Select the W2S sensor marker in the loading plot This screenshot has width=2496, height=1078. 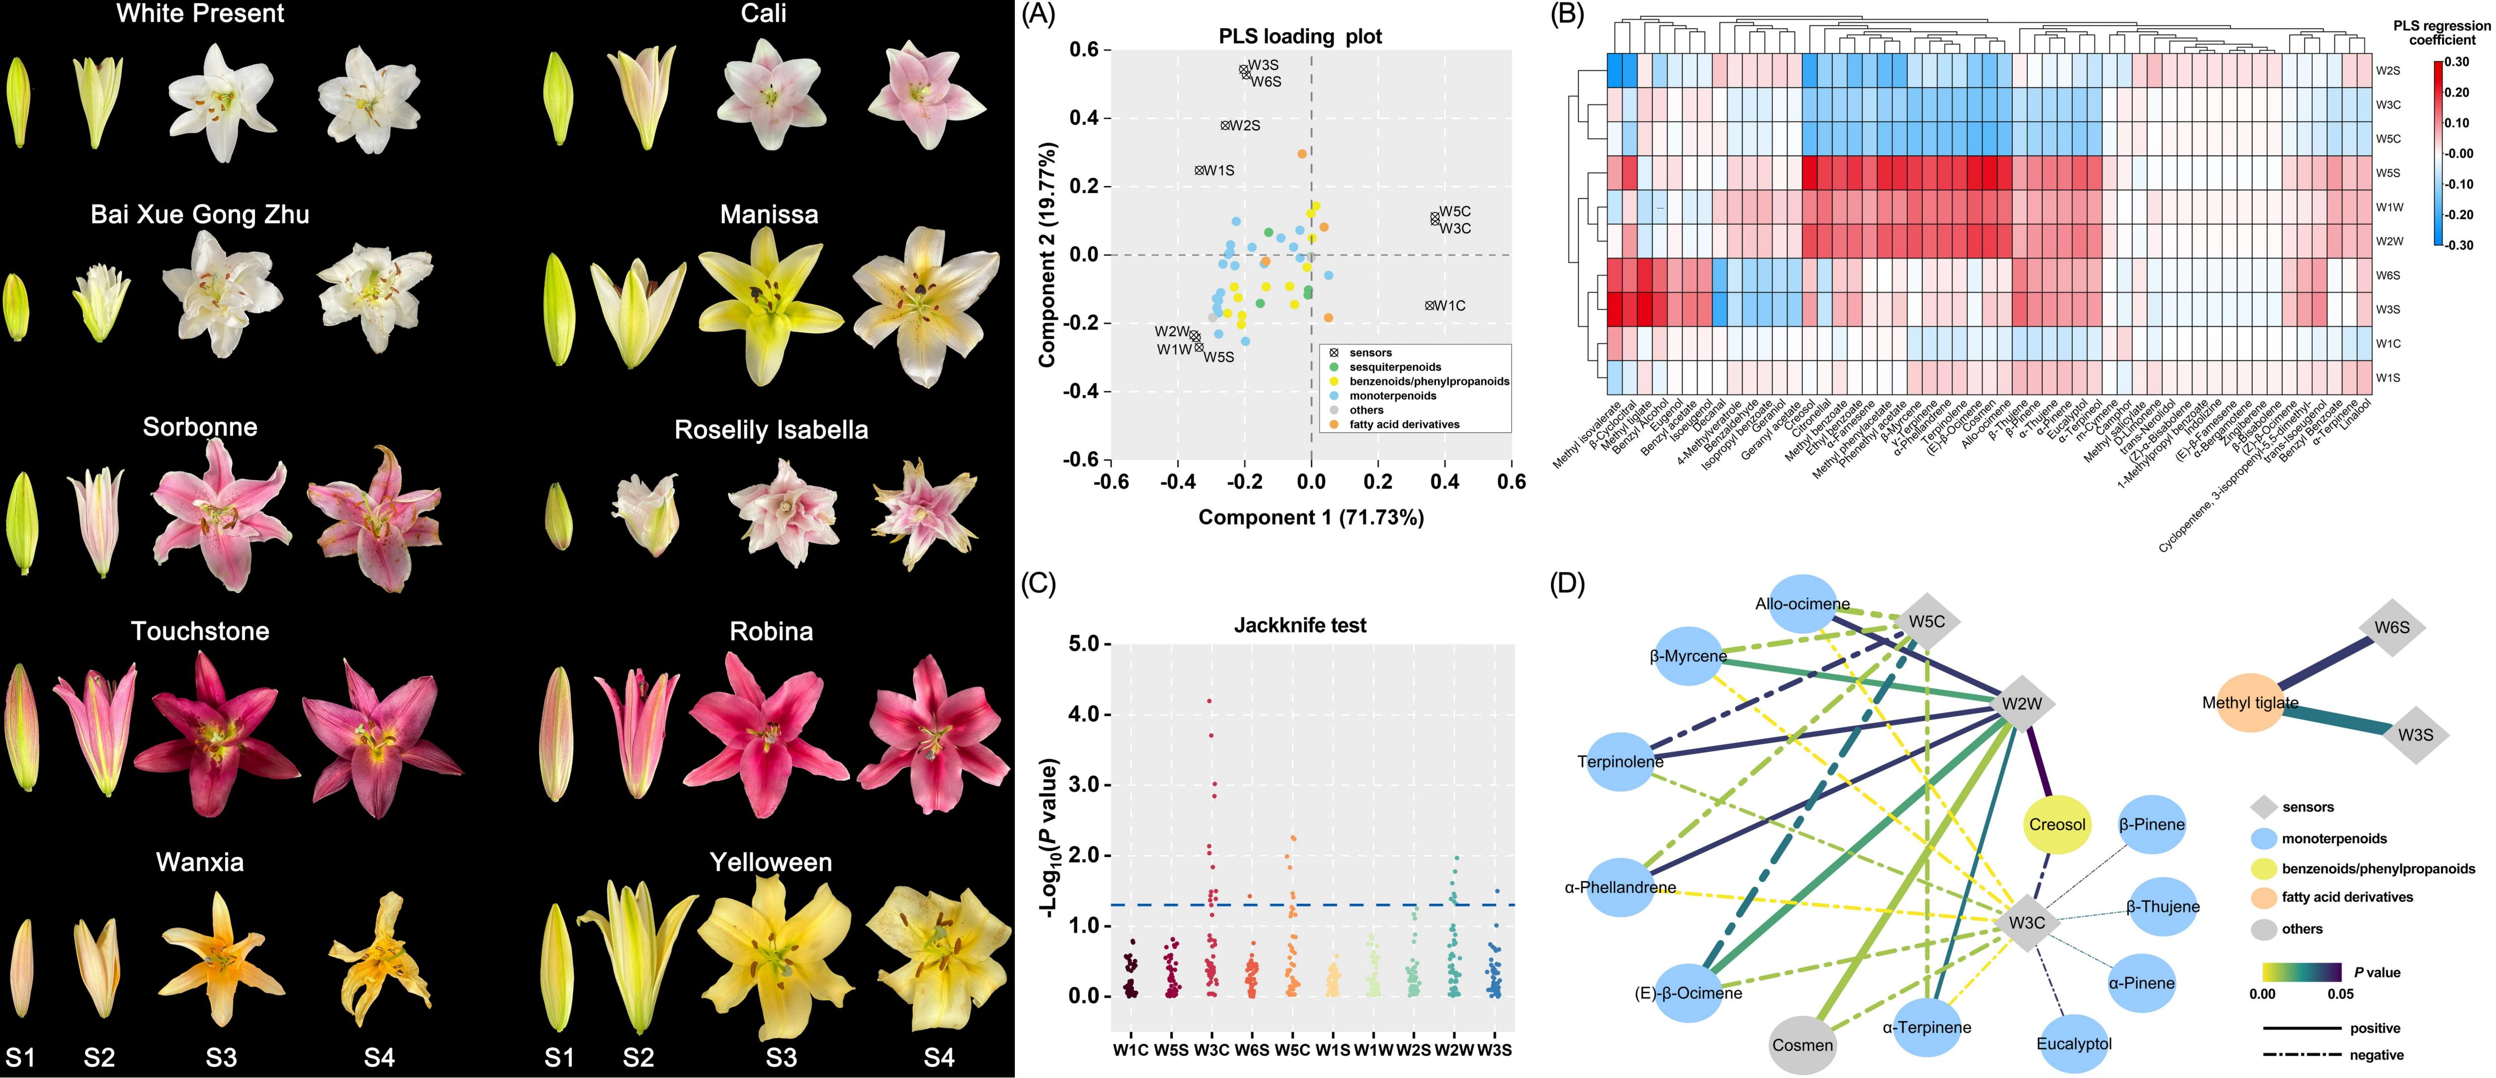[x=1225, y=125]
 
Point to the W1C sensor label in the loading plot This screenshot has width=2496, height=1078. [x=1449, y=306]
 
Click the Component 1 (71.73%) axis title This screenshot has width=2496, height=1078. [x=1311, y=517]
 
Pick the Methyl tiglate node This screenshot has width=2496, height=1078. [x=2250, y=703]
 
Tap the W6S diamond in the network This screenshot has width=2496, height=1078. [x=2392, y=627]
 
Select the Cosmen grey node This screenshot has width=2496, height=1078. [x=1802, y=1045]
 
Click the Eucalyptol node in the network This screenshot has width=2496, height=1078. [x=2074, y=1043]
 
